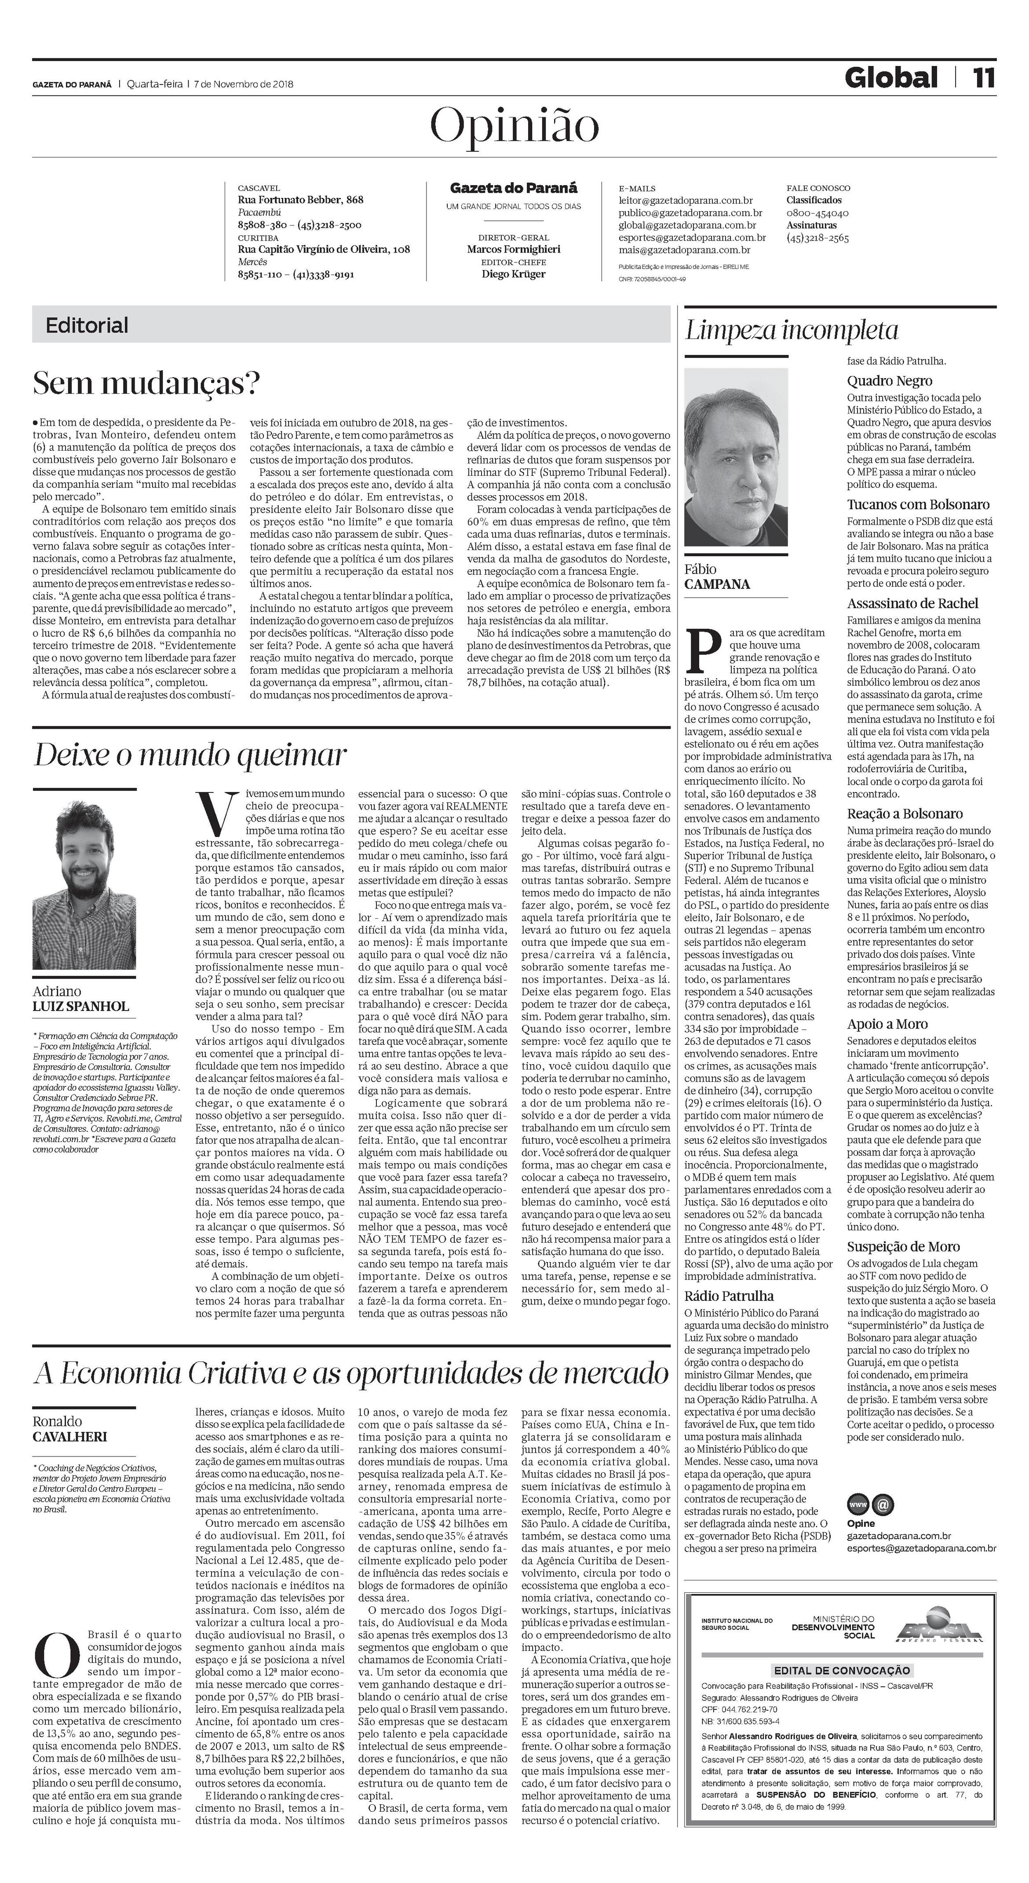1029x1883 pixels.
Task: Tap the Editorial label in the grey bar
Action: pyautogui.click(x=87, y=325)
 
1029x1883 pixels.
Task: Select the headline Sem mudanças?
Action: pyautogui.click(x=147, y=383)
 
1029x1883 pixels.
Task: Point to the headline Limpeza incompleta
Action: pyautogui.click(x=792, y=331)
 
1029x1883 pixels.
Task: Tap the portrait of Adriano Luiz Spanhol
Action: pyautogui.click(x=84, y=885)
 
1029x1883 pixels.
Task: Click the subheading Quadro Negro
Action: pyautogui.click(x=890, y=381)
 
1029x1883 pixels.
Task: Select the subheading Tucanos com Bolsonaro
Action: pyautogui.click(x=918, y=504)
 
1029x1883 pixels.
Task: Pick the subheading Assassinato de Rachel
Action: pyautogui.click(x=912, y=603)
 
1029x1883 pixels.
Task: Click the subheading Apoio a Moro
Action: pyautogui.click(x=887, y=1024)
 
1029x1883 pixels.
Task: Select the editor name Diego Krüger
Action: pyautogui.click(x=513, y=274)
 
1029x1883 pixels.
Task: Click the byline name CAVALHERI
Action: pyautogui.click(x=69, y=1436)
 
